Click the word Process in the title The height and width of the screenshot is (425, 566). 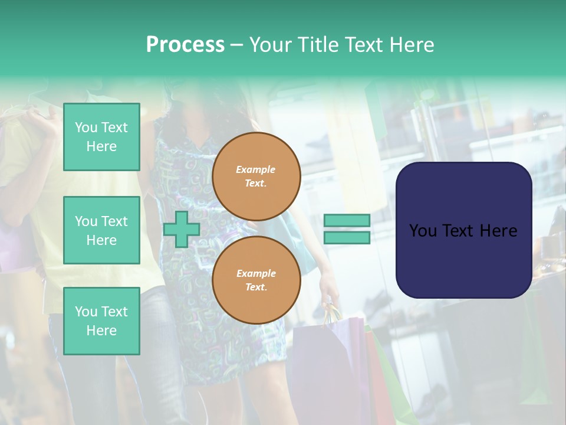click(x=185, y=45)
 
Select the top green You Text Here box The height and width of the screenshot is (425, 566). click(x=101, y=137)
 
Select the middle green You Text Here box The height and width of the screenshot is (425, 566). click(x=101, y=230)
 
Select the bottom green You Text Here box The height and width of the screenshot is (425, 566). click(x=101, y=321)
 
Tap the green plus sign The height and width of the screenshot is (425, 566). click(x=181, y=229)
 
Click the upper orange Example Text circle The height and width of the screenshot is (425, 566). click(x=256, y=176)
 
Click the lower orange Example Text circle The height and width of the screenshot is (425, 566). click(x=256, y=280)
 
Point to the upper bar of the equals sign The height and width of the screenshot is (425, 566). click(x=347, y=220)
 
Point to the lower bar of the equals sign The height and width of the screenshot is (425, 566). click(x=347, y=237)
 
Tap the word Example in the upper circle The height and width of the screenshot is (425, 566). click(x=256, y=169)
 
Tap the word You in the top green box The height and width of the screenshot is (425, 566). click(x=85, y=127)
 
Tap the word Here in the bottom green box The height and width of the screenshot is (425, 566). click(x=101, y=331)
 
